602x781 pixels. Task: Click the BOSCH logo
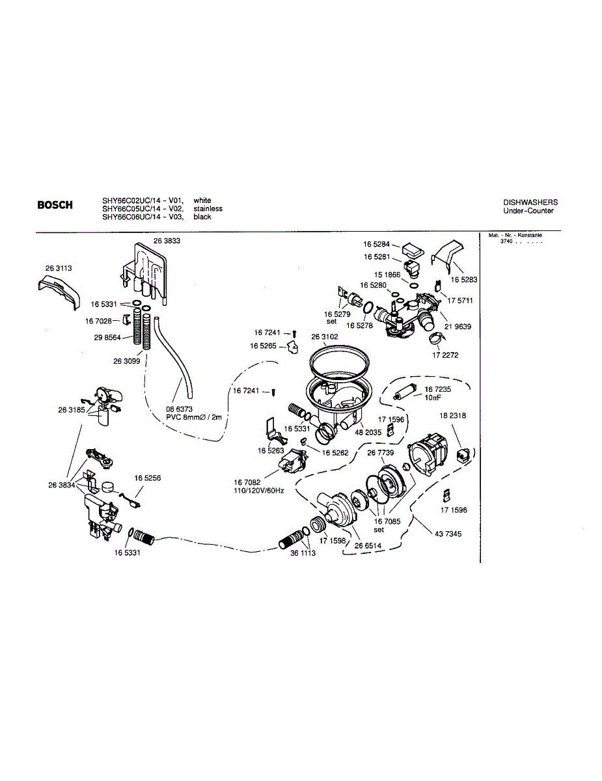coord(55,206)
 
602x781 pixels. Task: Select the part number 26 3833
coord(167,240)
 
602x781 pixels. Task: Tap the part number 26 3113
coord(59,267)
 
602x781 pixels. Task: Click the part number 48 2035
coord(368,432)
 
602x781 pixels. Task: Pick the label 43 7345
coord(448,534)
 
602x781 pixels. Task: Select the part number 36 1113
coord(303,553)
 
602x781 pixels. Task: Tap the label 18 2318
coord(452,415)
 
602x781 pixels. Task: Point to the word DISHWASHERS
coord(530,202)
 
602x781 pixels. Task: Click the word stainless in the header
coord(208,209)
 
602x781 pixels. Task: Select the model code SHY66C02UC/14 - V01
coord(143,200)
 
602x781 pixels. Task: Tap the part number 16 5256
coord(148,478)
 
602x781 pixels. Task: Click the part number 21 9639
coord(458,327)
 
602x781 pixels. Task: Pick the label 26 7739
coord(381,452)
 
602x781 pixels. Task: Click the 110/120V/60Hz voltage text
coord(258,490)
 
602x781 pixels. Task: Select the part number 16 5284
coord(376,244)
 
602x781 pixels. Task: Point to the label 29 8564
coord(107,338)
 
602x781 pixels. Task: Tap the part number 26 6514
coord(367,545)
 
